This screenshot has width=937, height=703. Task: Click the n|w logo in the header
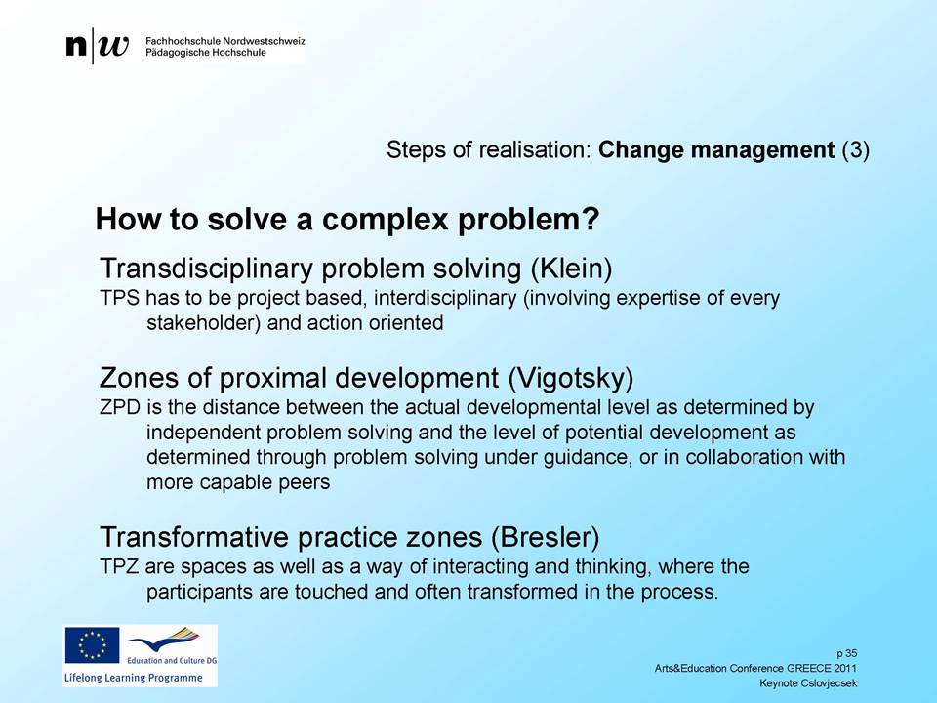98,46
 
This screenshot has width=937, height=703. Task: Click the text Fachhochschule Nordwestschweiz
225,41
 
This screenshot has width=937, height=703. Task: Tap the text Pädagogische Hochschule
206,53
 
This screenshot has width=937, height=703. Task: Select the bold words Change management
715,149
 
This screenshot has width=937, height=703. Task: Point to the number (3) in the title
855,149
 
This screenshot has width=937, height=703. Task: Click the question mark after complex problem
591,219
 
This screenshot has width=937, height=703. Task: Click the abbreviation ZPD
119,407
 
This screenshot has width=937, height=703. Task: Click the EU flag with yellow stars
92,645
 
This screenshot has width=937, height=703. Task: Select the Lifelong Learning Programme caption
134,678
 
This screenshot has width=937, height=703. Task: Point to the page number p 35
847,653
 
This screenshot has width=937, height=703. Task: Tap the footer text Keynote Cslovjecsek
808,683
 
